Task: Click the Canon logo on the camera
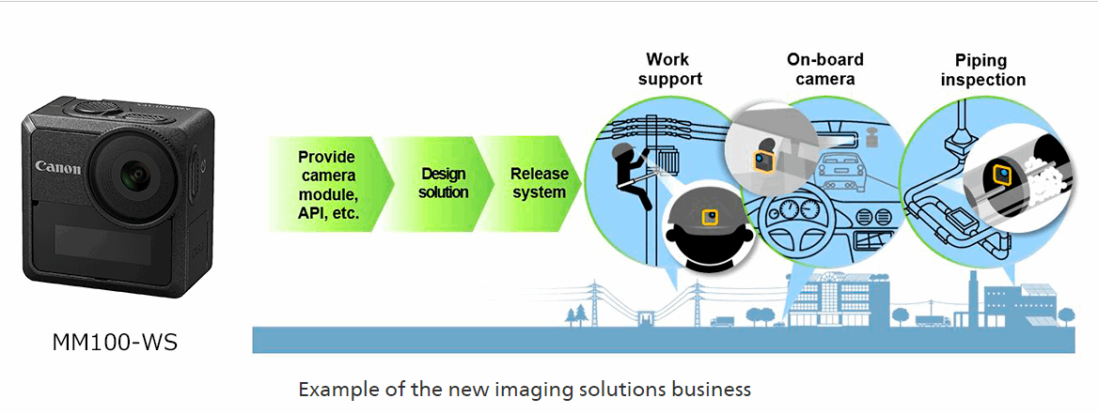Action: tap(58, 167)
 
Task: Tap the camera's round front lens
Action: tap(135, 173)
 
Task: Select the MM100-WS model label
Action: tap(115, 344)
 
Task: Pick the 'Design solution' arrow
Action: tap(443, 183)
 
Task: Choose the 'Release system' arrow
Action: tap(539, 183)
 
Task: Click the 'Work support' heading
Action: tap(669, 69)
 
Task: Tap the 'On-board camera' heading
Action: tap(824, 69)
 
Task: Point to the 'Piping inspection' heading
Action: tap(982, 69)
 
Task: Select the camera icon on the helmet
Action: tap(711, 217)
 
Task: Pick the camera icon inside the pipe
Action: tap(1002, 176)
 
